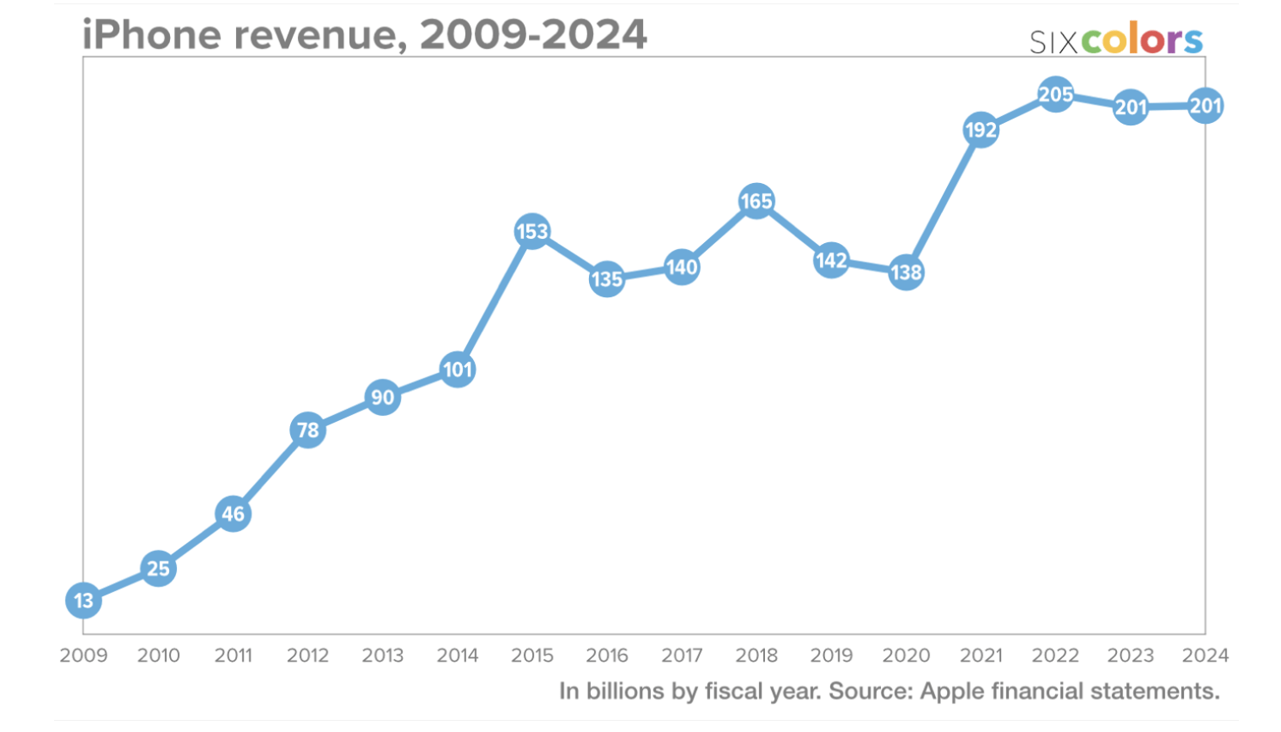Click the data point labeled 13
(x=83, y=601)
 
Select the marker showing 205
(x=1055, y=94)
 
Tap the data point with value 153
(x=532, y=231)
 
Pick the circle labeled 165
(x=756, y=201)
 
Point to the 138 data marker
(x=906, y=272)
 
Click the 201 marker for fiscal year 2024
(x=1205, y=106)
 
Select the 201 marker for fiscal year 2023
(x=1131, y=107)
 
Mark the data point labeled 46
(x=233, y=514)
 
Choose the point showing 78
(x=307, y=430)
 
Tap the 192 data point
(x=980, y=130)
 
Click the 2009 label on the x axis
(x=83, y=656)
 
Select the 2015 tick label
(x=532, y=656)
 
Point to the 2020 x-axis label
(x=906, y=656)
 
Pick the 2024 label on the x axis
(x=1205, y=656)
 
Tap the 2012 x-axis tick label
(x=307, y=656)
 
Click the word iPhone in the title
(x=152, y=35)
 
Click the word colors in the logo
(x=1142, y=40)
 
